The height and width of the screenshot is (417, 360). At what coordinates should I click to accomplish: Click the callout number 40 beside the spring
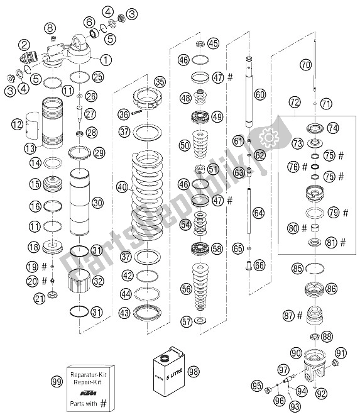point(121,187)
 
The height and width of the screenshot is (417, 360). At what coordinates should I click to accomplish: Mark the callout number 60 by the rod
point(260,95)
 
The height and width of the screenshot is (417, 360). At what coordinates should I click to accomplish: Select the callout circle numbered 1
point(106,60)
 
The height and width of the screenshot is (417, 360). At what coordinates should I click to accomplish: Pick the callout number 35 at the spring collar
point(160,82)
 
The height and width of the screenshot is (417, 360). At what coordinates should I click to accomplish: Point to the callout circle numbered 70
point(305,64)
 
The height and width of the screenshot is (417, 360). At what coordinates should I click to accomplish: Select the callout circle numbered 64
point(259,213)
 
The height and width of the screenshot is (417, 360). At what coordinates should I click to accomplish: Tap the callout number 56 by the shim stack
point(186,289)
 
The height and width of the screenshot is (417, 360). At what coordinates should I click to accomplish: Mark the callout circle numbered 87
point(288,315)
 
